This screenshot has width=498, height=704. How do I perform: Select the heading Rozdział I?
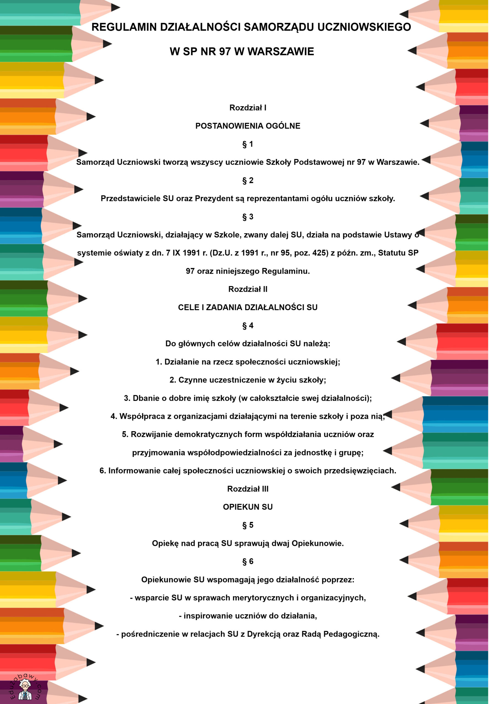point(248,108)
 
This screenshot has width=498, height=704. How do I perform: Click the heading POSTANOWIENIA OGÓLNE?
point(248,126)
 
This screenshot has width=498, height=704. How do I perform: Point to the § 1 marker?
point(248,144)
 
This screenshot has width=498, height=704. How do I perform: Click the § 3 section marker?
point(248,217)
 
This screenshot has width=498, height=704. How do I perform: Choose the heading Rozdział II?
point(248,289)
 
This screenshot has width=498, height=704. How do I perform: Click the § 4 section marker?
point(248,326)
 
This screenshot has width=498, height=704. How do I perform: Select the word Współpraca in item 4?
point(138,416)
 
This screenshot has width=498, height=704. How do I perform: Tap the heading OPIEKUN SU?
point(248,507)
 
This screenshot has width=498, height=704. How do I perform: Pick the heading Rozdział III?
point(248,489)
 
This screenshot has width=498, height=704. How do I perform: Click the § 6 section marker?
point(248,562)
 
